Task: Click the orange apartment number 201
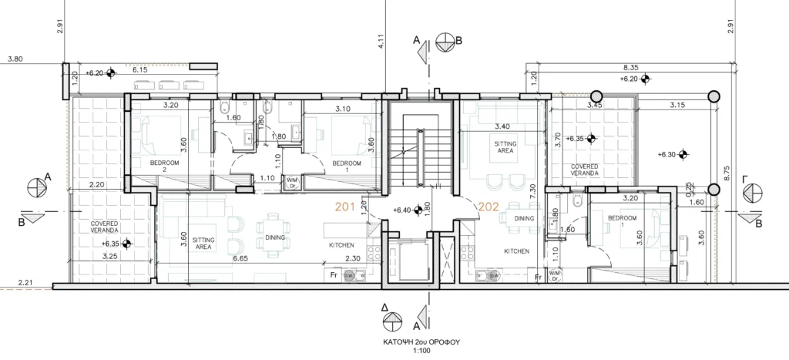click(345, 207)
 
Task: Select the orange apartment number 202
click(488, 207)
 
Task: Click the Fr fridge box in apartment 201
click(333, 275)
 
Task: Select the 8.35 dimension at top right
click(631, 67)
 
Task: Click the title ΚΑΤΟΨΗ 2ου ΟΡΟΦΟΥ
click(421, 341)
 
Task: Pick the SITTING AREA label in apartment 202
click(505, 147)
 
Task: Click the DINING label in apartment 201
click(275, 237)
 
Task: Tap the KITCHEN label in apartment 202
click(517, 251)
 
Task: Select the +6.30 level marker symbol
click(683, 155)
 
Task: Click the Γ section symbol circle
click(754, 193)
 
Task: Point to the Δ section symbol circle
click(392, 321)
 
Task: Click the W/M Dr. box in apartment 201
click(292, 182)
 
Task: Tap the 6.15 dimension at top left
click(140, 70)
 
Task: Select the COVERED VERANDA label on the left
click(105, 227)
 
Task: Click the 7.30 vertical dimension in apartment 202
click(532, 193)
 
